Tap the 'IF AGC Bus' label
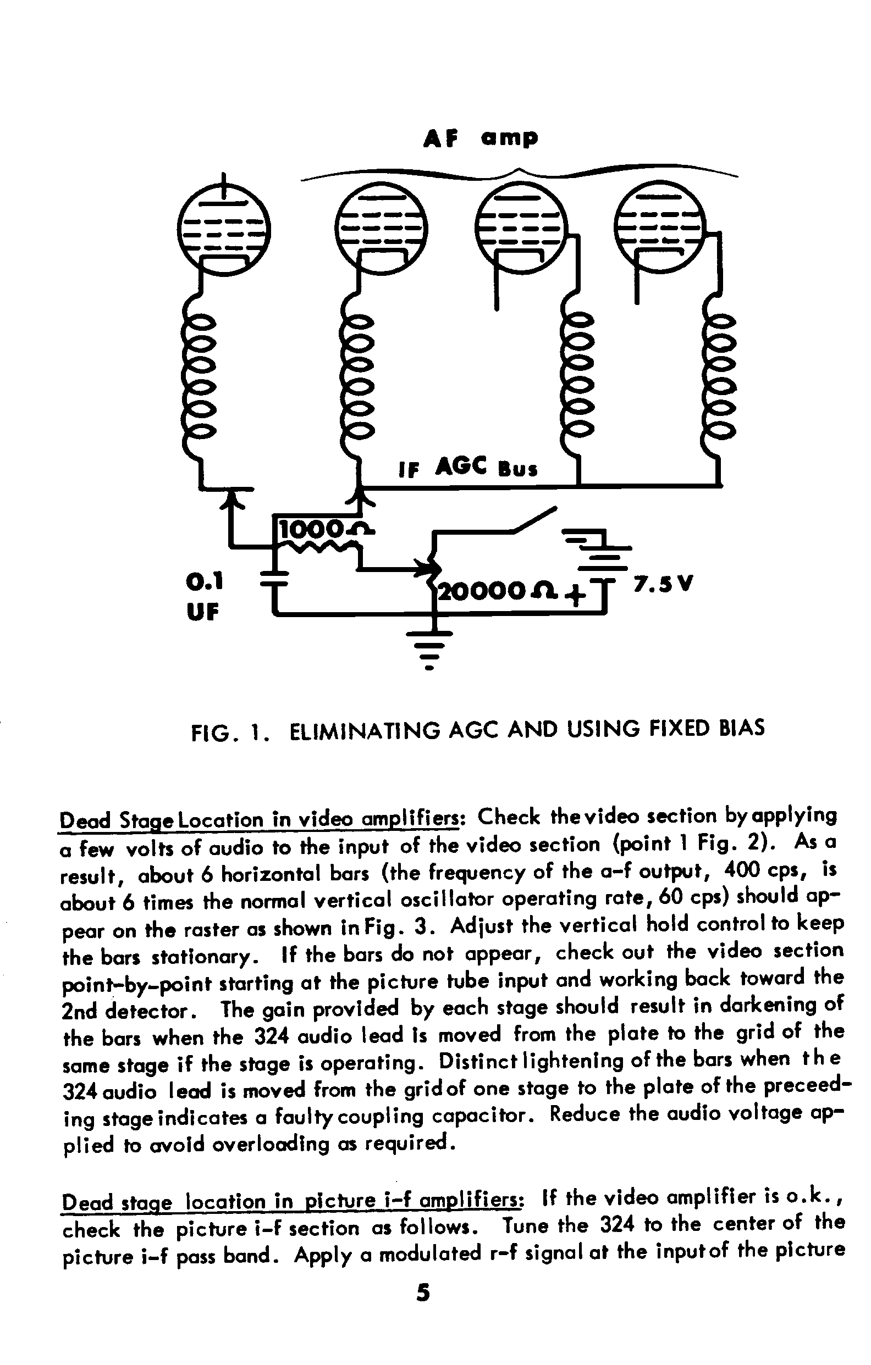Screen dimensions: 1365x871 (468, 468)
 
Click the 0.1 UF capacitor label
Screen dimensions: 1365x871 (205, 596)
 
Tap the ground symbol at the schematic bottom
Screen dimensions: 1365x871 (430, 649)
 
